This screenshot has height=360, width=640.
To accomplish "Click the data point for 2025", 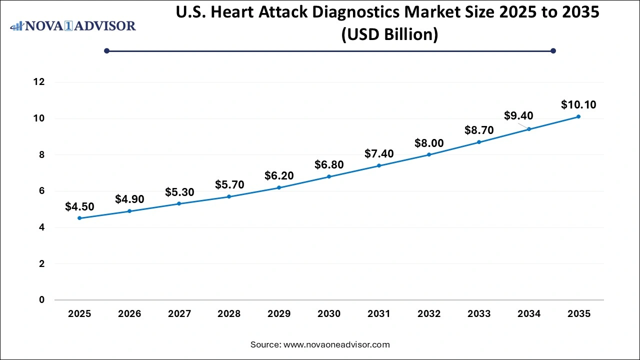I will tap(79, 218).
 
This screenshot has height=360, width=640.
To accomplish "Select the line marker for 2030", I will tap(329, 176).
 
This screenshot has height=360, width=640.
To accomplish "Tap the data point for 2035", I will tap(578, 116).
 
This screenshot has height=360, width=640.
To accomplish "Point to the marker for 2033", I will tap(478, 142).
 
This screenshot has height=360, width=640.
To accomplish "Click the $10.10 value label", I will tap(578, 105).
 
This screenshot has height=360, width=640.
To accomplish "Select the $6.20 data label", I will tap(279, 175).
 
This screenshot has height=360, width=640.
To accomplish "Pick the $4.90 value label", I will tap(129, 199).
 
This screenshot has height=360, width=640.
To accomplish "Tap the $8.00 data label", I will tap(429, 143).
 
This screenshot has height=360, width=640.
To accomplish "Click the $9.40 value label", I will tap(518, 116).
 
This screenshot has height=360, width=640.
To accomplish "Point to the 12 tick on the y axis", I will tap(39, 82).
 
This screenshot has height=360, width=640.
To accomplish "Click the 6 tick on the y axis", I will tap(42, 191).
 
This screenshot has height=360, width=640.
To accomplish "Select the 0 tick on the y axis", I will tap(42, 300).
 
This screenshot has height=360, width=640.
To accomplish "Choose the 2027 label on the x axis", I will tap(179, 314).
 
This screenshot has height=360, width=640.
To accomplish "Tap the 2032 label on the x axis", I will tap(429, 314).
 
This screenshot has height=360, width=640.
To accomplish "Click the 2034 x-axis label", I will tap(529, 314).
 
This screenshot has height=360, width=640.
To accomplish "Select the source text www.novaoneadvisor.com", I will tap(336, 344).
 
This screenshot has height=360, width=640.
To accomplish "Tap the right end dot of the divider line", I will tap(553, 50).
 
